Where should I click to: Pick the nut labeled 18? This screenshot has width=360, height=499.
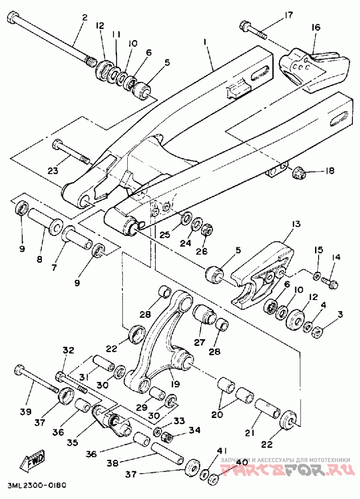[299, 173]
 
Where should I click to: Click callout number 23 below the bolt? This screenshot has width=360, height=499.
[53, 171]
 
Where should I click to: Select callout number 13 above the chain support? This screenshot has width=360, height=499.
[296, 224]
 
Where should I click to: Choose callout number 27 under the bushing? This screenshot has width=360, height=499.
[200, 343]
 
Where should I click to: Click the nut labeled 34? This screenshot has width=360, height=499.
[167, 437]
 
